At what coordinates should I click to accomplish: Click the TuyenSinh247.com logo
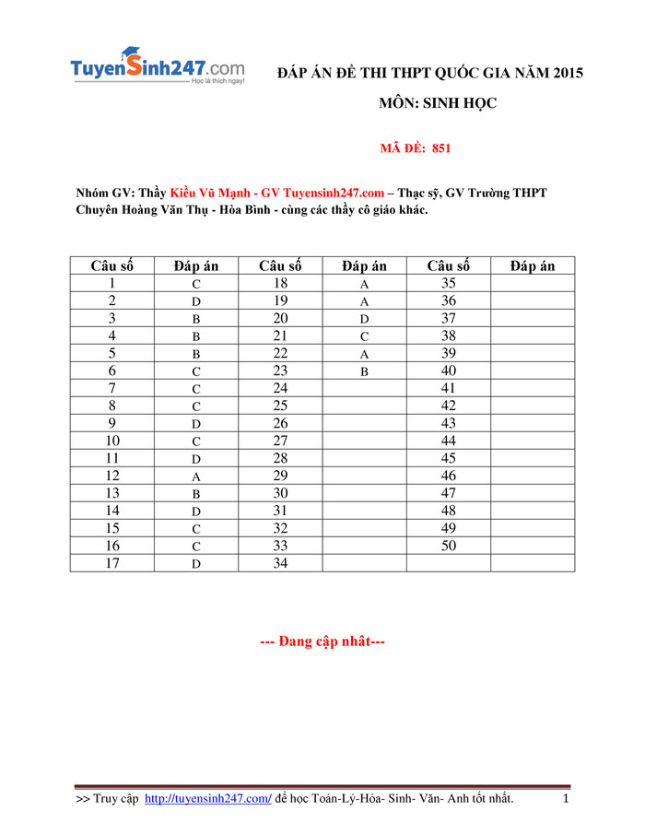tap(158, 68)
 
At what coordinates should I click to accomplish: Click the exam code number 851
tap(440, 147)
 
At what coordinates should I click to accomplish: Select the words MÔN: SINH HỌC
tap(438, 103)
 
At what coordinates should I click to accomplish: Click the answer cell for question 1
tap(196, 284)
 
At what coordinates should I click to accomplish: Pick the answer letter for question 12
tap(196, 476)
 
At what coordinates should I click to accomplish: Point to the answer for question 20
tap(364, 319)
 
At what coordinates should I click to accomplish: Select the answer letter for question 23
tap(364, 371)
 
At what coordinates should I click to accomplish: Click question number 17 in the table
tap(112, 563)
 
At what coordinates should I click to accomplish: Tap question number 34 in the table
tap(280, 563)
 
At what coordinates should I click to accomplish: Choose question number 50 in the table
tap(449, 546)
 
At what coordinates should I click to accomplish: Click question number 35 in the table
tap(449, 284)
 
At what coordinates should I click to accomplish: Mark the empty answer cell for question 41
tap(533, 389)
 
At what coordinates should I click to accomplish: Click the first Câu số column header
tap(112, 266)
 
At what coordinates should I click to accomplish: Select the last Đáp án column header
tap(533, 266)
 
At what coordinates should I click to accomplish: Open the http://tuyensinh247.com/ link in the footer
tap(208, 797)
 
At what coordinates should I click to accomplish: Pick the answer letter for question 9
tap(196, 424)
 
